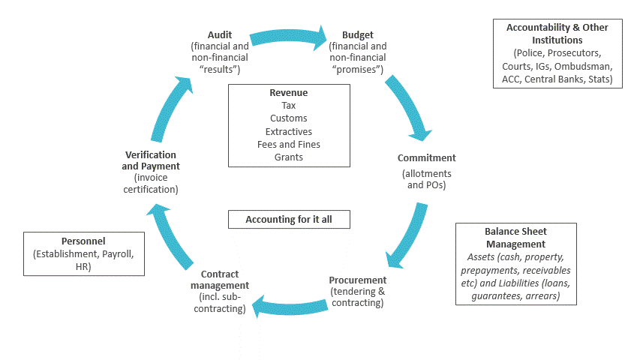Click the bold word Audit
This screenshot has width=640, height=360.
(x=220, y=34)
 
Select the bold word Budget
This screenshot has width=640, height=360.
(x=357, y=34)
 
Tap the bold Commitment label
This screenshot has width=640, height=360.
(x=426, y=158)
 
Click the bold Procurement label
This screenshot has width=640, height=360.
(x=358, y=280)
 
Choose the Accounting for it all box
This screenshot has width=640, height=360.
(x=289, y=220)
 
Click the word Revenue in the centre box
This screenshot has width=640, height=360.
(x=289, y=93)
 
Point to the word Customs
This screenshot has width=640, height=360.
(x=289, y=118)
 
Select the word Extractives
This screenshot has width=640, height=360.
(x=289, y=131)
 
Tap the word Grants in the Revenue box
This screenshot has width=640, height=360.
(x=289, y=157)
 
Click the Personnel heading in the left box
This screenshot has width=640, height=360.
(x=84, y=241)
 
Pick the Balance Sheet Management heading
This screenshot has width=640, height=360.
(x=515, y=238)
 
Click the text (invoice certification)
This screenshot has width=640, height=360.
(x=151, y=184)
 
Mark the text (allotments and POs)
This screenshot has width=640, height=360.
(x=426, y=179)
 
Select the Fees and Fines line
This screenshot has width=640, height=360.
(x=289, y=144)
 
